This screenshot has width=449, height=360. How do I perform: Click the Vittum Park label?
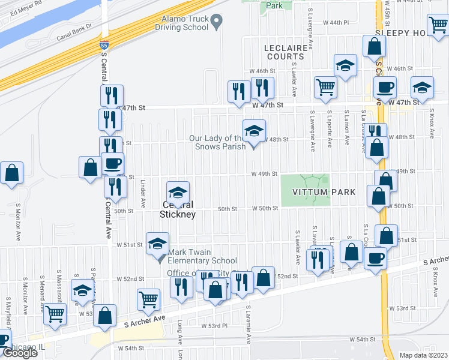point(324,192)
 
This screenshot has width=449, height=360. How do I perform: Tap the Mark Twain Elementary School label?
point(202,256)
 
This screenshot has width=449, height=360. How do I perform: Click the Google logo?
point(19,352)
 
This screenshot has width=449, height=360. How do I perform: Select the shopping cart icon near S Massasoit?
point(55,313)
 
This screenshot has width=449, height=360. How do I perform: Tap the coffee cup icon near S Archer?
point(376,258)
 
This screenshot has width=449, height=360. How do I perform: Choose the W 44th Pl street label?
point(336,22)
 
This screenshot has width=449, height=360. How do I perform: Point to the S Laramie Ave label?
point(248,324)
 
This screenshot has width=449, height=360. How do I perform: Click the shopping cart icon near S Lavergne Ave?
point(325,86)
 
